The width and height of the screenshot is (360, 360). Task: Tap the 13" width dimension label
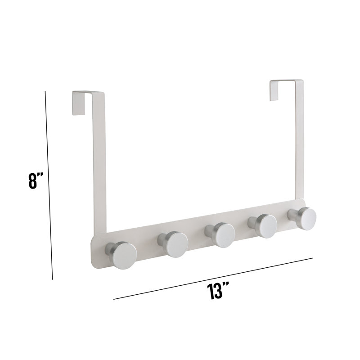(218, 291)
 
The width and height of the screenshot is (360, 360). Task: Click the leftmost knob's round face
(125, 255)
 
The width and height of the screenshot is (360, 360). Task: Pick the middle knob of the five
(223, 235)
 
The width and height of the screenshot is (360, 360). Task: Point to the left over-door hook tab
(78, 103)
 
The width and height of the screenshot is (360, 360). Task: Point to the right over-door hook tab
(274, 90)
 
